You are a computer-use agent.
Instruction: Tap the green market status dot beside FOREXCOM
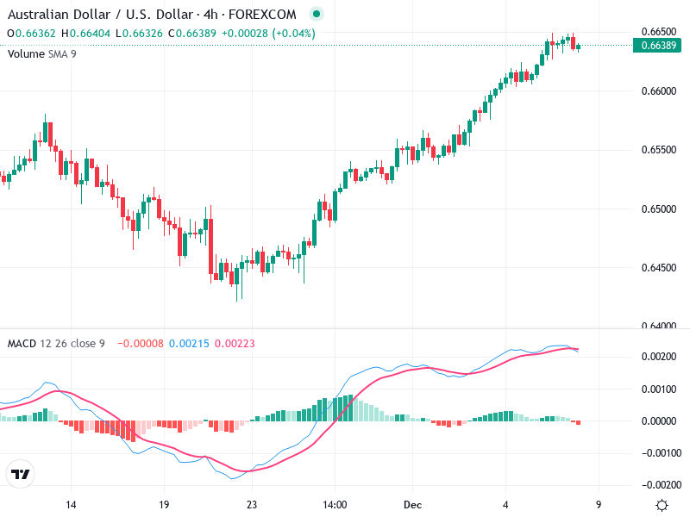pos(317,15)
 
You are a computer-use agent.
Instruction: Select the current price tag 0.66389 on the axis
pos(658,45)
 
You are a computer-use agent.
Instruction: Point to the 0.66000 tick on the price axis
pos(658,91)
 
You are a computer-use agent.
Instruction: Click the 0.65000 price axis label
pos(658,209)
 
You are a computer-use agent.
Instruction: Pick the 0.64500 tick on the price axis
pos(658,268)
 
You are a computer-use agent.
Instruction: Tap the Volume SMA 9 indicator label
pos(42,53)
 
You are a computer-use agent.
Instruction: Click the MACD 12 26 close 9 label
pos(56,344)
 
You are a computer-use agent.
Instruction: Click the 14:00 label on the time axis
pos(335,505)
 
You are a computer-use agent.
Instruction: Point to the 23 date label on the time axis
pos(252,505)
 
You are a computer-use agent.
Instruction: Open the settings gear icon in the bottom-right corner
pos(662,505)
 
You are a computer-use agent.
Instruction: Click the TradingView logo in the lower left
pos(20,475)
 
